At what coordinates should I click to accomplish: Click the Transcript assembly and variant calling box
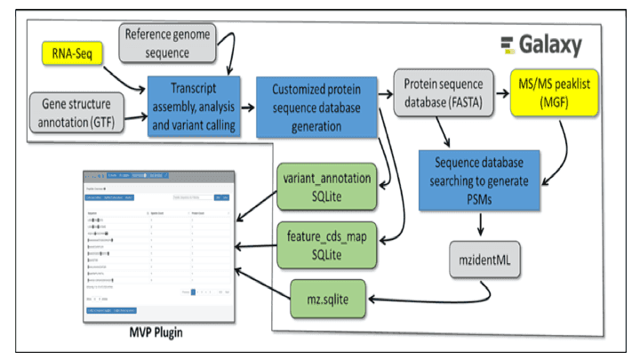click(x=195, y=107)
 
